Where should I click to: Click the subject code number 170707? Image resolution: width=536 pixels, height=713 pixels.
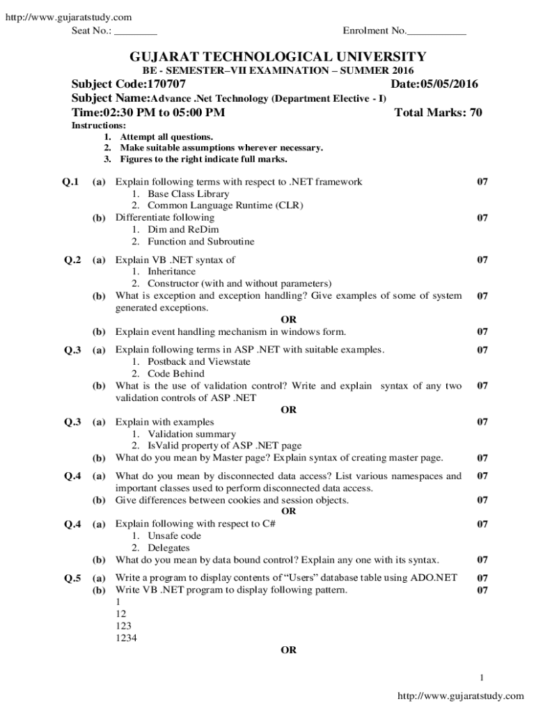coord(165,85)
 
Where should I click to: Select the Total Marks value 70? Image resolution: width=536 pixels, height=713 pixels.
coord(475,113)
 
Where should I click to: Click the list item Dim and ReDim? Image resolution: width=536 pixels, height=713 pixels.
coord(178,229)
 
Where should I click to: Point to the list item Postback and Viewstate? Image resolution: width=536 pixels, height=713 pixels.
coord(199,361)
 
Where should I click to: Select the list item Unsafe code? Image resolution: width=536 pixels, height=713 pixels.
coord(174,535)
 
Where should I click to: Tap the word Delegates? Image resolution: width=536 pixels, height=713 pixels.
coord(168,548)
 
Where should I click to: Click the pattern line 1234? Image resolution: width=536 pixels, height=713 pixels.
coord(125,636)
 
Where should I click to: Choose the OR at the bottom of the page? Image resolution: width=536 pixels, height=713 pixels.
coord(288,650)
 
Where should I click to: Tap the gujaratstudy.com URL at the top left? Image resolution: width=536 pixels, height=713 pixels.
coord(68,17)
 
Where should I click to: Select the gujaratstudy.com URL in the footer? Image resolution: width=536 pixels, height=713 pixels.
coord(460,696)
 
